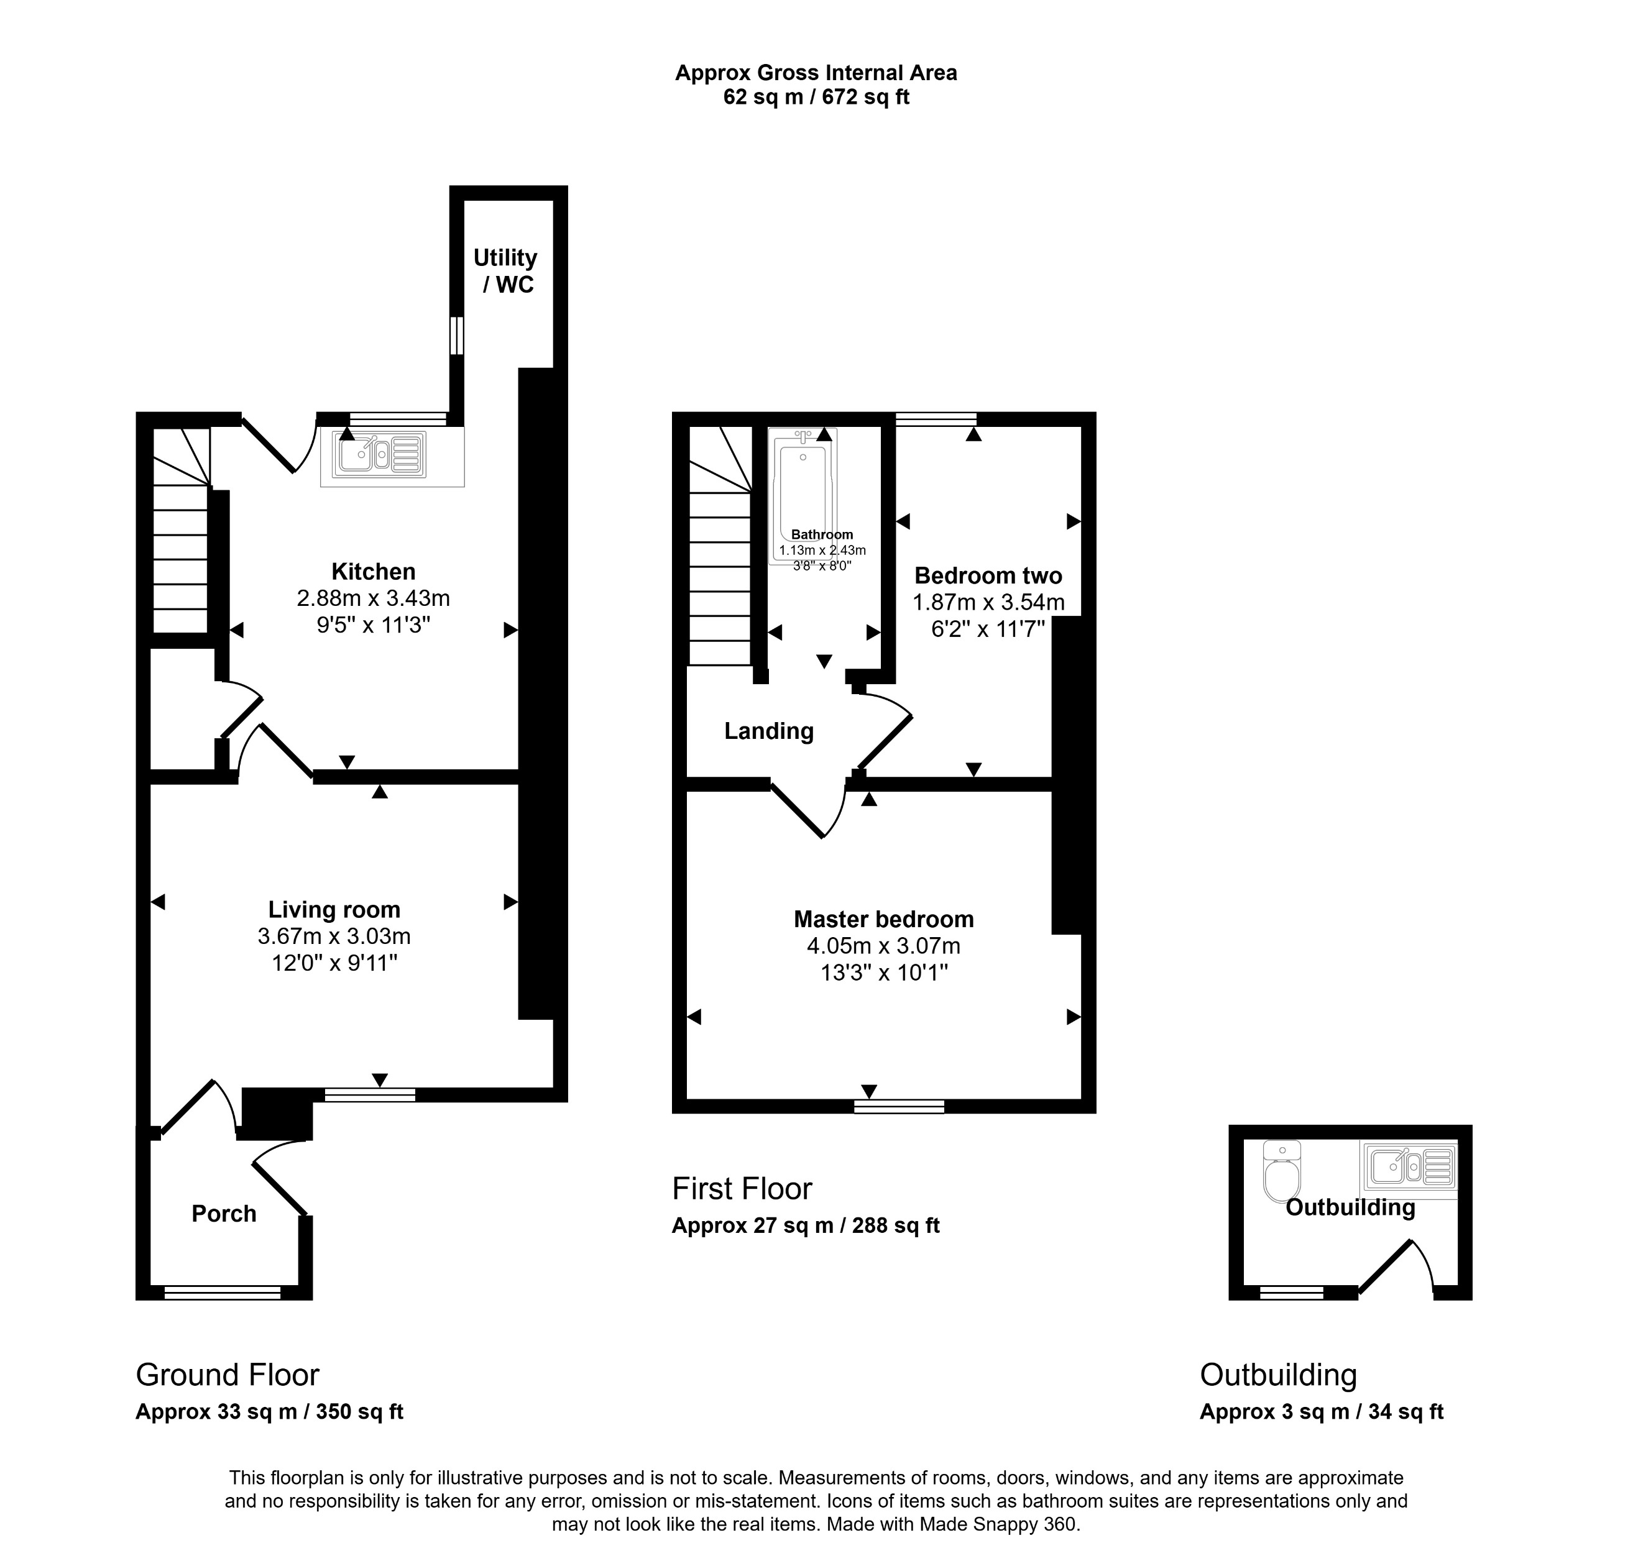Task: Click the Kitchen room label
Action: [372, 572]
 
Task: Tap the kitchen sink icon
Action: [379, 455]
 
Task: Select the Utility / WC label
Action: [506, 271]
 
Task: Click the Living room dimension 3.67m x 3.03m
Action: [334, 936]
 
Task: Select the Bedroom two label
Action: [988, 575]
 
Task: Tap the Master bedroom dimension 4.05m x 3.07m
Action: [883, 946]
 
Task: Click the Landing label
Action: [768, 731]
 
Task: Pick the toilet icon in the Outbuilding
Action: [1281, 1172]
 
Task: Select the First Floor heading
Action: [742, 1189]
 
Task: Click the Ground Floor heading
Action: [228, 1375]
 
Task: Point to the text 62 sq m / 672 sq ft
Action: [816, 98]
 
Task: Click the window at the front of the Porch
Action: [223, 1293]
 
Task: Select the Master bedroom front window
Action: [899, 1106]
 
